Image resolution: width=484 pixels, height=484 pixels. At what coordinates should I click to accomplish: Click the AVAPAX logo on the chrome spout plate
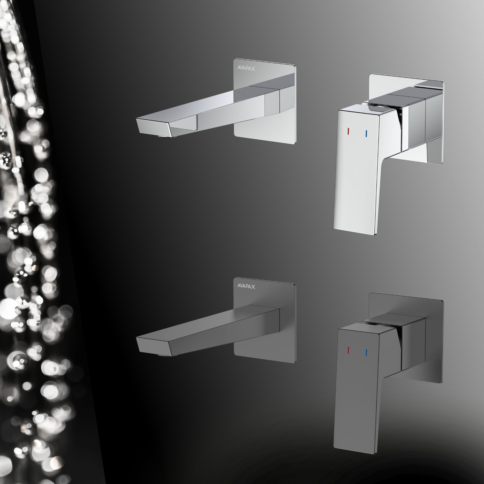pos(246,68)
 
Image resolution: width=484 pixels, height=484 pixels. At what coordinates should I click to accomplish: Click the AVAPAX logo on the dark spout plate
pos(246,286)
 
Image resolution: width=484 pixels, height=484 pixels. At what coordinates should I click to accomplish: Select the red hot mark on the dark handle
pos(348,350)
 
